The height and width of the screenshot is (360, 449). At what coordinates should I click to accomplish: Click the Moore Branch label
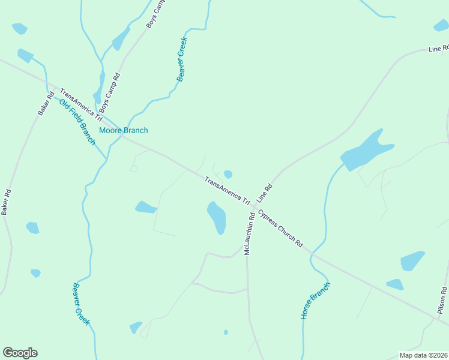(x=123, y=130)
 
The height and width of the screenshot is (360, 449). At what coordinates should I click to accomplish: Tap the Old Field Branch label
(x=77, y=121)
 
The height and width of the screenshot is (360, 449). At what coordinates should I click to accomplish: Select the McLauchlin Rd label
(x=250, y=233)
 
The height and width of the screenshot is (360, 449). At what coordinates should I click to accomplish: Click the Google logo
(x=20, y=353)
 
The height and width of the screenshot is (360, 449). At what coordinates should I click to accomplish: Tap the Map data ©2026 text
(x=423, y=355)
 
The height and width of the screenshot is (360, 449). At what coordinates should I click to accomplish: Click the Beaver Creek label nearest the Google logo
(x=80, y=304)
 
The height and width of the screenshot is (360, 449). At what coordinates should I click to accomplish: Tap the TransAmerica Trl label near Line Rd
(x=227, y=190)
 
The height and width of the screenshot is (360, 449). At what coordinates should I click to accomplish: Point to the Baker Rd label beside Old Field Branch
(x=45, y=103)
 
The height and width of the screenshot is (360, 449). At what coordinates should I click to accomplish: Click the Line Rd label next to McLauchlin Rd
(x=265, y=192)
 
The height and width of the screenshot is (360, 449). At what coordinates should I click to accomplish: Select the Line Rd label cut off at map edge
(x=438, y=48)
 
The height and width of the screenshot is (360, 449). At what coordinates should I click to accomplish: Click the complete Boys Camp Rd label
(x=110, y=93)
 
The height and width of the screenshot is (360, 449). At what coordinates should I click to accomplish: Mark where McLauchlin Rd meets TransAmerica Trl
(x=255, y=208)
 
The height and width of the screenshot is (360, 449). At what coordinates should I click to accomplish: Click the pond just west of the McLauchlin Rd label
(x=217, y=217)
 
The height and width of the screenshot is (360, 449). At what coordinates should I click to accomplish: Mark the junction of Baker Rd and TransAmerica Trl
(x=54, y=89)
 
